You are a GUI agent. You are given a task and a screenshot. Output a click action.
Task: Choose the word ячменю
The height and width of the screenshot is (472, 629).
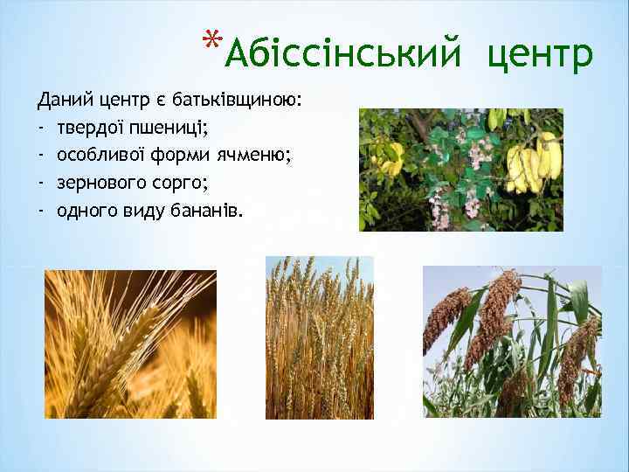[268, 156]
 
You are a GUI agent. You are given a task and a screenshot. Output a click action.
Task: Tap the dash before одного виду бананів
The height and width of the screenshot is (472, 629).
[41, 211]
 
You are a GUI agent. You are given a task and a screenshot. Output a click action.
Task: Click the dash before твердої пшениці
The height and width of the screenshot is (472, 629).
[41, 128]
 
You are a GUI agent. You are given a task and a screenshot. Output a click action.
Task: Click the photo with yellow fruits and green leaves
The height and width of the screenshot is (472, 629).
[460, 170]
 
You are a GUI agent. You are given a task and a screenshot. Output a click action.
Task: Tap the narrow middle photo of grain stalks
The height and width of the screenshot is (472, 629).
[319, 337]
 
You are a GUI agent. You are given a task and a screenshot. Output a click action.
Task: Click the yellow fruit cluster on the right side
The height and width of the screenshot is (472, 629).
[534, 163]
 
